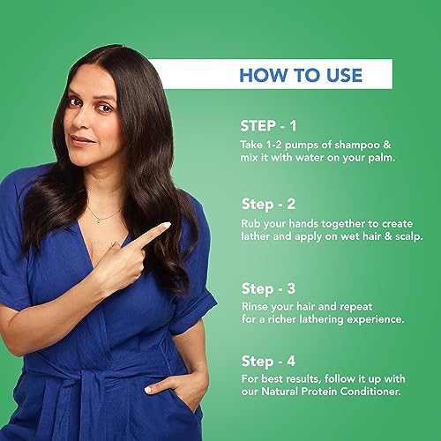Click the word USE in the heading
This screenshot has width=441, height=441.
344,75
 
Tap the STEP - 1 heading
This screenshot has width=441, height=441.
268,126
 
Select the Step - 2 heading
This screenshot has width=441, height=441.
268,204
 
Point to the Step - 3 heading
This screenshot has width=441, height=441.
268,288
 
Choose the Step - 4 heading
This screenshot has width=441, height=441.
268,361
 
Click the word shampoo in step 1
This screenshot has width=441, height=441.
357,146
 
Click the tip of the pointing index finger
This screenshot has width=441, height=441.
168,225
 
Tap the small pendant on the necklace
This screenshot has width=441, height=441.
99,220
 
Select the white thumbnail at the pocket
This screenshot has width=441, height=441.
148,390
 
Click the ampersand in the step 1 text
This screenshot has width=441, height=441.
387,145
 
